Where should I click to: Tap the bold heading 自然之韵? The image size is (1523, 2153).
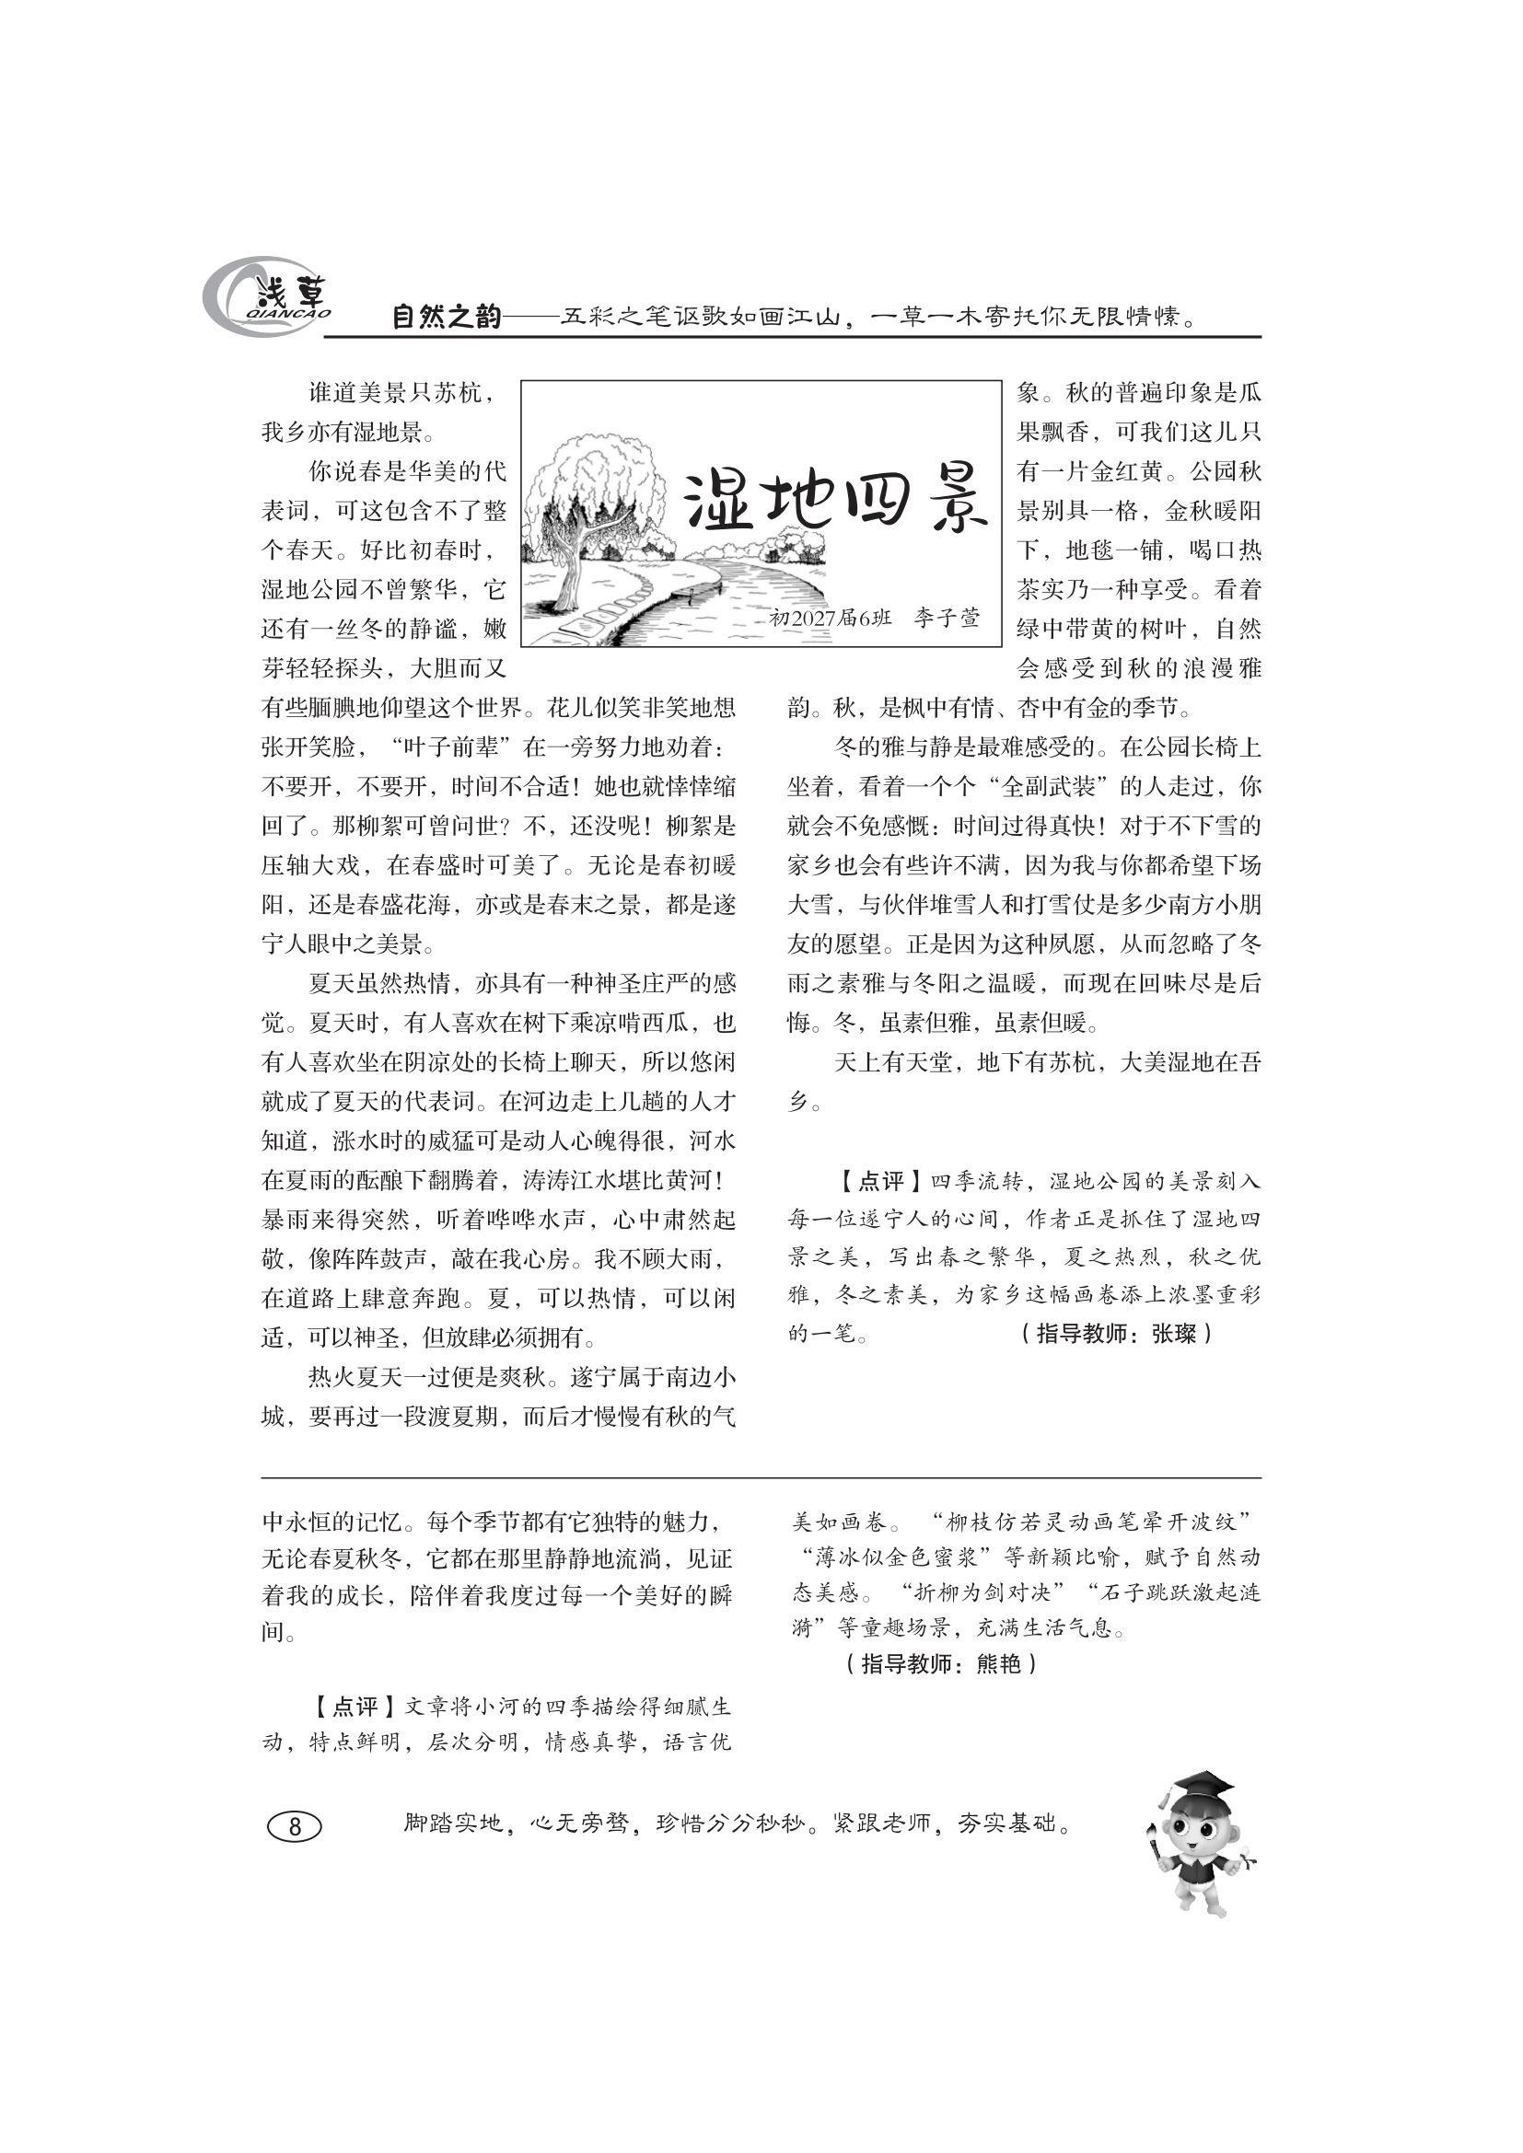446,317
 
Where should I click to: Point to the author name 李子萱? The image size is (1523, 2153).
948,618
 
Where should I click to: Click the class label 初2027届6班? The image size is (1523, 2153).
829,618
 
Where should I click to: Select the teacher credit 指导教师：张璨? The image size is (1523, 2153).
1115,1334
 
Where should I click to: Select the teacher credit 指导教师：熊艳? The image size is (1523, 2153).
940,1664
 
